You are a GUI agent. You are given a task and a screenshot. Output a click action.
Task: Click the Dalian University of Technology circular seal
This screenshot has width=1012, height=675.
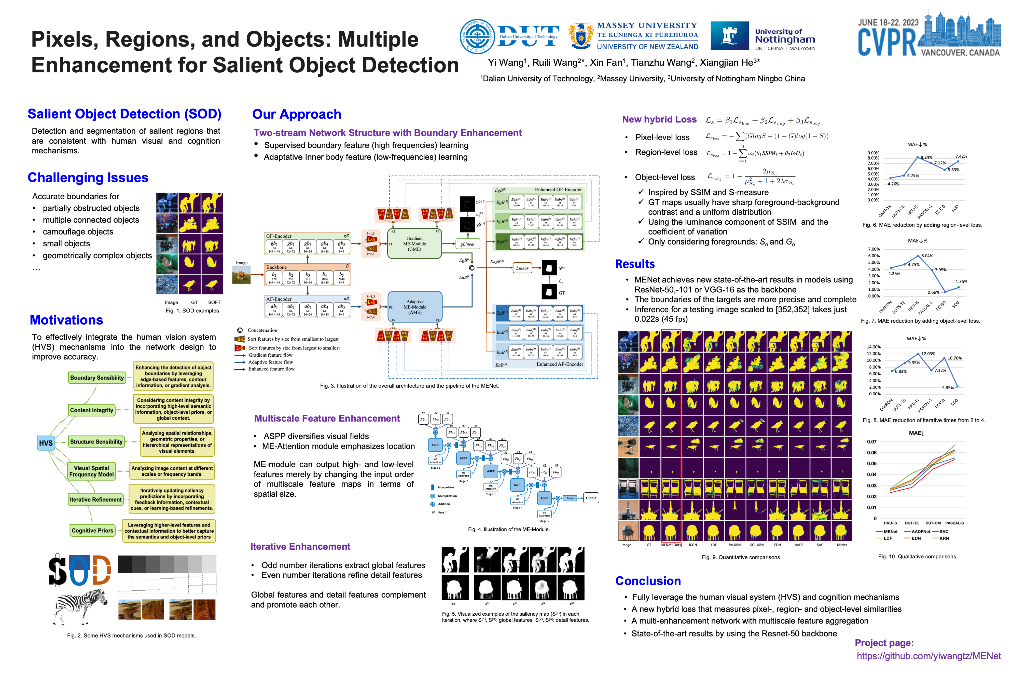click(x=478, y=37)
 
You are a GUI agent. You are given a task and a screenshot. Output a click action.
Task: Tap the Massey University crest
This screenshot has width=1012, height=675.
click(x=581, y=37)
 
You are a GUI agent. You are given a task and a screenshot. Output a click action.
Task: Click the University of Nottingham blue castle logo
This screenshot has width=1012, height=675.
click(x=729, y=36)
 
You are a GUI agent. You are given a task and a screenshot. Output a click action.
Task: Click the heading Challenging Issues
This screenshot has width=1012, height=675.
click(x=88, y=177)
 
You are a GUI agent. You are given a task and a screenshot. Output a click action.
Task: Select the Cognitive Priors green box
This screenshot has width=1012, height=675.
click(x=92, y=530)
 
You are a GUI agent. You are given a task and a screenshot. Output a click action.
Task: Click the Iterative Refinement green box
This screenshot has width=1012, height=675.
click(x=95, y=499)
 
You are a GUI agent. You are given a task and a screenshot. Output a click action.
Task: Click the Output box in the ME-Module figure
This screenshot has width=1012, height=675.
click(x=591, y=498)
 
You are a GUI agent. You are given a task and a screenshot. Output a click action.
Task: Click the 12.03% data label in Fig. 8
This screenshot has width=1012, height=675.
click(x=928, y=354)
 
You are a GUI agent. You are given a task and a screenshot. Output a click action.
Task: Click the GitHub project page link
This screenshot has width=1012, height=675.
click(x=928, y=656)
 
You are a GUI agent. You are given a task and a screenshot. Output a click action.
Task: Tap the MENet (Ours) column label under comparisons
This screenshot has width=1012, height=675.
click(x=671, y=545)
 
